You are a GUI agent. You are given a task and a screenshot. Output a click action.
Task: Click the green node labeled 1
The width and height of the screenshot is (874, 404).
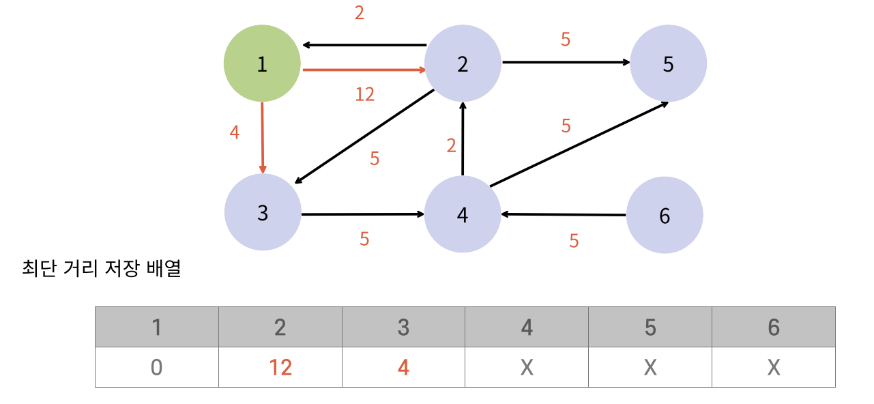(x=262, y=64)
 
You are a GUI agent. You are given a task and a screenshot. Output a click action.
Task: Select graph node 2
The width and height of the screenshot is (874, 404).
(x=463, y=64)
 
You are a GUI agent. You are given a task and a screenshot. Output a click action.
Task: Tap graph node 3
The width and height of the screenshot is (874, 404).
(x=263, y=213)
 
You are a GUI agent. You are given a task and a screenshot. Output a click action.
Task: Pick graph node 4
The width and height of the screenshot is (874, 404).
(x=463, y=214)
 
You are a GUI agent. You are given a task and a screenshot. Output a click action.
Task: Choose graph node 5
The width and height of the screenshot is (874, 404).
(x=668, y=64)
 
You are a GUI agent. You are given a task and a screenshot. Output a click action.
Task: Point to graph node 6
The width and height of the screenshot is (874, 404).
(x=665, y=216)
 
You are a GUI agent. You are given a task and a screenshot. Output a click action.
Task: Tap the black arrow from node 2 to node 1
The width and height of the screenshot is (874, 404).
(x=365, y=45)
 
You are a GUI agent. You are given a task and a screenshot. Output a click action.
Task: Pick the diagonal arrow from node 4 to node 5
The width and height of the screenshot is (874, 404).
(x=579, y=144)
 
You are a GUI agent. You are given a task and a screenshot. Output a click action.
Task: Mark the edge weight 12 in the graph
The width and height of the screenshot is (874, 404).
(x=365, y=94)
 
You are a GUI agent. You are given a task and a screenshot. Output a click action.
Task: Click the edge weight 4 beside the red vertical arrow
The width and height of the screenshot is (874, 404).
(x=235, y=132)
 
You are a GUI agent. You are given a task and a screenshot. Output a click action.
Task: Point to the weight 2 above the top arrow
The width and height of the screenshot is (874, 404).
(x=359, y=13)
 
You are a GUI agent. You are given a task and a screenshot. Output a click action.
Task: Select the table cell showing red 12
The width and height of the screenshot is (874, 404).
(x=280, y=368)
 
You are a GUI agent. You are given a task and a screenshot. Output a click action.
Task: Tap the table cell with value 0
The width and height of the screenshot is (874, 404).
(x=156, y=368)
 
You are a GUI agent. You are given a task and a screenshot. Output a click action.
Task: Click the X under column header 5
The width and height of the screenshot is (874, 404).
(x=650, y=368)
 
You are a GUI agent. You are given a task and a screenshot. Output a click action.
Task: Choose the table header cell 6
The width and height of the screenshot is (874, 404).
(x=773, y=328)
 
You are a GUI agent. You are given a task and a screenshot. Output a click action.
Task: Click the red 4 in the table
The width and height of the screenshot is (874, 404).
(x=403, y=368)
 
